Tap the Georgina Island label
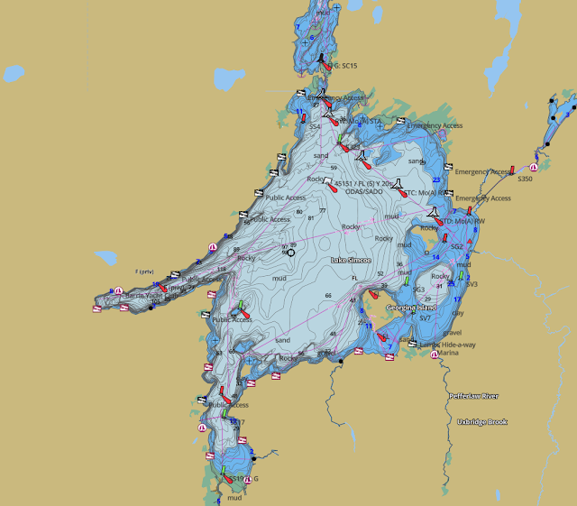pos(410,308)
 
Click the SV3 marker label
pos(471,284)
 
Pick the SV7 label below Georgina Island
pos(425,318)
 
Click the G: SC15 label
pos(342,66)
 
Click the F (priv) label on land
pos(145,271)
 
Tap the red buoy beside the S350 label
pos(511,170)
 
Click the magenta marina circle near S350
pos(533,168)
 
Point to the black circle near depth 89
pos(290,253)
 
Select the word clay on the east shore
pos(458,313)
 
